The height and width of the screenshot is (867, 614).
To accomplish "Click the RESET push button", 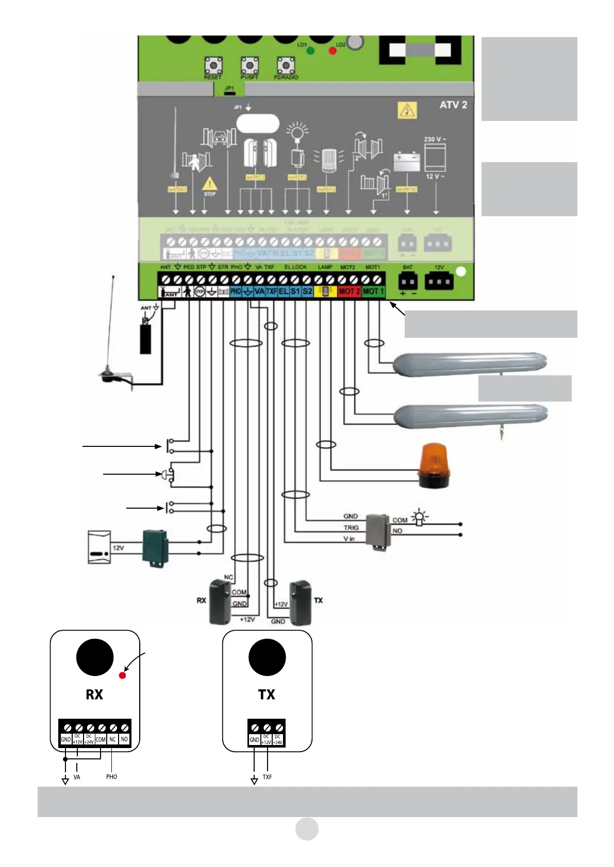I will (213, 65).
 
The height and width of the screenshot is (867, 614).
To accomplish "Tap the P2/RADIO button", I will (286, 65).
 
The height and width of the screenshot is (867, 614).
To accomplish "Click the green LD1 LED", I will (311, 50).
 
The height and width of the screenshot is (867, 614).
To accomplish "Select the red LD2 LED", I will (333, 50).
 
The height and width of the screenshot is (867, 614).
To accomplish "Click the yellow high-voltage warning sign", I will (407, 110).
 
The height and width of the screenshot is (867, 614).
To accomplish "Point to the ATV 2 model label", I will (453, 105).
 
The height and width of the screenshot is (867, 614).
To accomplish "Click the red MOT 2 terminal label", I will (350, 291).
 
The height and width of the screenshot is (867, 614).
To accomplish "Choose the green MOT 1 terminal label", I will (373, 291).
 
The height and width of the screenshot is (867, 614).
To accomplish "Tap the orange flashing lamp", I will (435, 465).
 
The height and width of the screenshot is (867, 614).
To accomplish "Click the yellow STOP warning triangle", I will (209, 184).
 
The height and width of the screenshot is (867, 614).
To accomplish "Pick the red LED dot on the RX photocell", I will (122, 675).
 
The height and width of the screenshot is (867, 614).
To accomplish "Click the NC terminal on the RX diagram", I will (112, 739).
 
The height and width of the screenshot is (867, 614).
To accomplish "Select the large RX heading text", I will (94, 695).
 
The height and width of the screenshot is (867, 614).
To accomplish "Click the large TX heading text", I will (267, 695).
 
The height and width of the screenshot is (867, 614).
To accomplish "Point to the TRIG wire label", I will (351, 528).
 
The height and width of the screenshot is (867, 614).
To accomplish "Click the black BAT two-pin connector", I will (407, 281).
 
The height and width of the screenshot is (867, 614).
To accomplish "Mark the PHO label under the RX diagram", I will (111, 777).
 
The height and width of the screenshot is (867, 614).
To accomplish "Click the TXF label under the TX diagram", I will (267, 777).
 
